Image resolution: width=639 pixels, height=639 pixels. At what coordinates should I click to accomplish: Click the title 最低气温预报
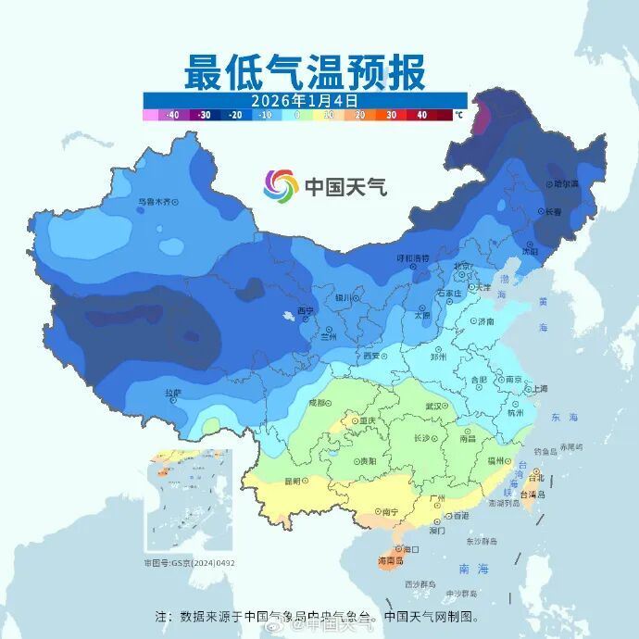click(305, 72)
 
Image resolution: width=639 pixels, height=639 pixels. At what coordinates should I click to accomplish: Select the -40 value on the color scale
click(171, 116)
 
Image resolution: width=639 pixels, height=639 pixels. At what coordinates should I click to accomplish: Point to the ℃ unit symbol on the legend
click(458, 116)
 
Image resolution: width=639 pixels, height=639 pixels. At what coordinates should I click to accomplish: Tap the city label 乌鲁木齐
click(154, 200)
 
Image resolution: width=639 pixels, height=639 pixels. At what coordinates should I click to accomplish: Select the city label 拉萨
click(173, 393)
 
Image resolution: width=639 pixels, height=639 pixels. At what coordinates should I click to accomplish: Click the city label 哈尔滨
click(565, 184)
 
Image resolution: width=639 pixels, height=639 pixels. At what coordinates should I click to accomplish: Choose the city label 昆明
click(294, 481)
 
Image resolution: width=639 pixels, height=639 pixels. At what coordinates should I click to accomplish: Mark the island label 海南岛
click(392, 561)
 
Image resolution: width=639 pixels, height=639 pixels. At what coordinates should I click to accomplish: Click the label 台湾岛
click(536, 496)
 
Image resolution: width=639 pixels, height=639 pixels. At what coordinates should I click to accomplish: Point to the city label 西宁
click(306, 310)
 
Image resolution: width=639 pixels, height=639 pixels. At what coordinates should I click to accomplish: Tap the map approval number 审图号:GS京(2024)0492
click(189, 562)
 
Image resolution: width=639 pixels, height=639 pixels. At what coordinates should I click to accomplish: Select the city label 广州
click(440, 498)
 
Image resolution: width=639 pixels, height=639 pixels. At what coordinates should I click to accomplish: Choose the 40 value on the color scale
click(421, 116)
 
